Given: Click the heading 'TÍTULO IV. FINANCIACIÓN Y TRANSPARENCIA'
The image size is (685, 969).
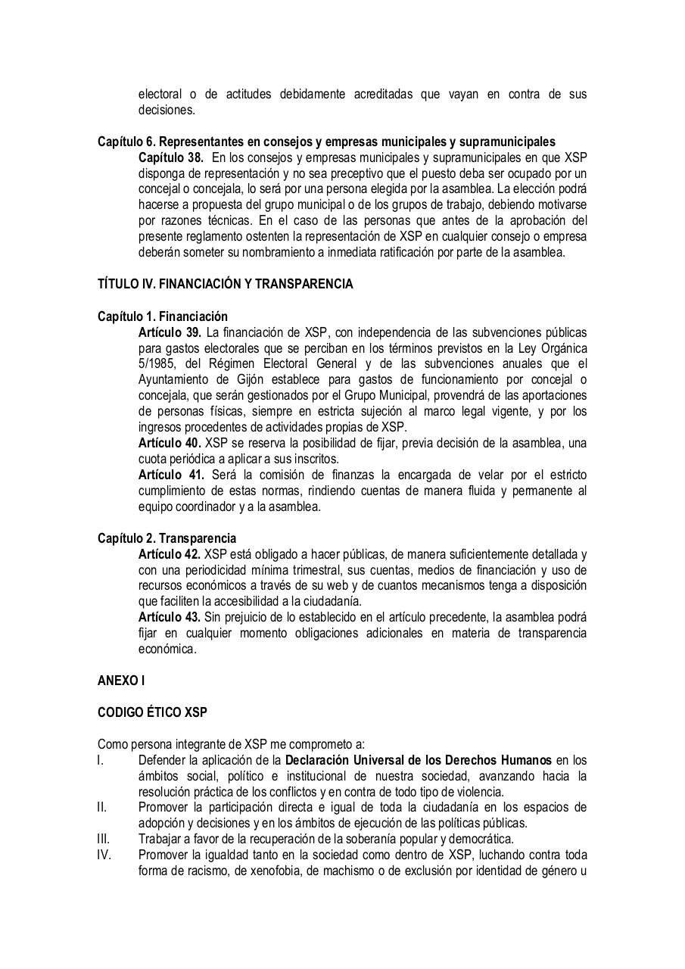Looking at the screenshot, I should pyautogui.click(x=225, y=285).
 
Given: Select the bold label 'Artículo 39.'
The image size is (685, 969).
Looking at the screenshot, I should pyautogui.click(x=170, y=332).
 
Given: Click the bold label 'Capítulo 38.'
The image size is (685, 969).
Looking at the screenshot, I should pyautogui.click(x=171, y=157).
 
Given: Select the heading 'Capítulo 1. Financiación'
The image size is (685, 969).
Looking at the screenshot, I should pyautogui.click(x=162, y=316).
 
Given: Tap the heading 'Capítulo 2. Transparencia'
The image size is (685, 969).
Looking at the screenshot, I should pyautogui.click(x=167, y=538).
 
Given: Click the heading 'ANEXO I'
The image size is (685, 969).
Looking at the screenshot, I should pyautogui.click(x=121, y=681).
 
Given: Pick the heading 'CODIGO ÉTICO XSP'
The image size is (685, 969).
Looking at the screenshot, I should pyautogui.click(x=152, y=712).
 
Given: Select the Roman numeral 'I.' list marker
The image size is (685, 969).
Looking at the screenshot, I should pyautogui.click(x=101, y=760).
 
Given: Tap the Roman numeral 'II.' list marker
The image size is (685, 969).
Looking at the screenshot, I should pyautogui.click(x=102, y=808).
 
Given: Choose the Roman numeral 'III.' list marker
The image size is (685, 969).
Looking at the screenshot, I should pyautogui.click(x=104, y=839).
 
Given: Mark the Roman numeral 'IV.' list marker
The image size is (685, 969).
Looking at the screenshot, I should pyautogui.click(x=104, y=855).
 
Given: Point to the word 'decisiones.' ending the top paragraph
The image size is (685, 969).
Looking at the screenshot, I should pyautogui.click(x=167, y=110).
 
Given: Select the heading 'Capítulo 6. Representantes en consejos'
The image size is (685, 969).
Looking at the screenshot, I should pyautogui.click(x=325, y=142).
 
